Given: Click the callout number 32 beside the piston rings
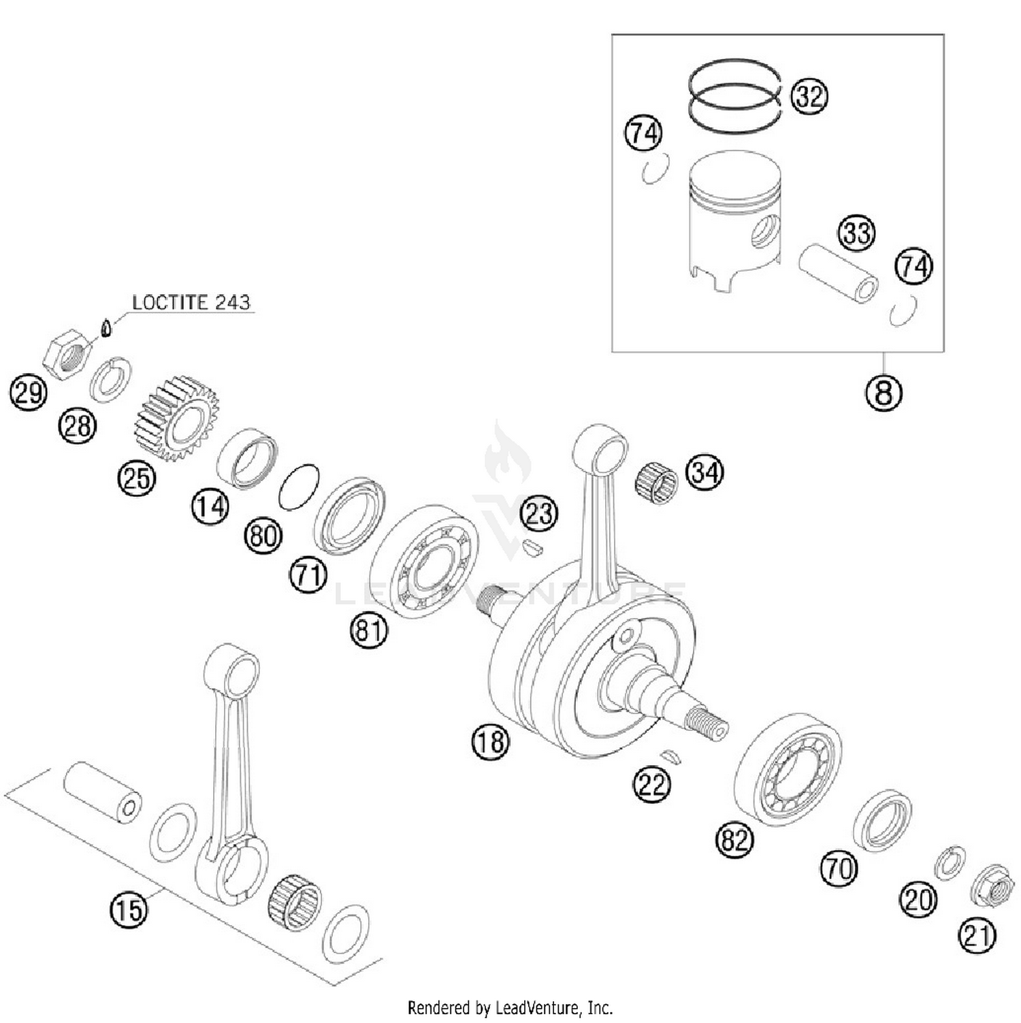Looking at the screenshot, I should (809, 96).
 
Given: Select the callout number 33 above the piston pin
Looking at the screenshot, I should (856, 233).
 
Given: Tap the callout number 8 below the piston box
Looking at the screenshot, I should (884, 393).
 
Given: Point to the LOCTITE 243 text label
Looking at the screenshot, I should (191, 302).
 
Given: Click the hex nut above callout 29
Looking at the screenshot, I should (66, 353).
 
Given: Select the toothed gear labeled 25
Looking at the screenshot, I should (176, 417).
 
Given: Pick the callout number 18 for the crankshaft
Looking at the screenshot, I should (490, 741).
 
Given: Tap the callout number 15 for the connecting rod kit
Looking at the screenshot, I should (129, 909).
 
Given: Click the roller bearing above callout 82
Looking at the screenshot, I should (788, 769).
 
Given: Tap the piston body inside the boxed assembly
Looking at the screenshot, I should (735, 221).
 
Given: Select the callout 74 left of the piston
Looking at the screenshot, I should (643, 133).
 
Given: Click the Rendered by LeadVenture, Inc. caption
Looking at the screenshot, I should (510, 1007).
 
